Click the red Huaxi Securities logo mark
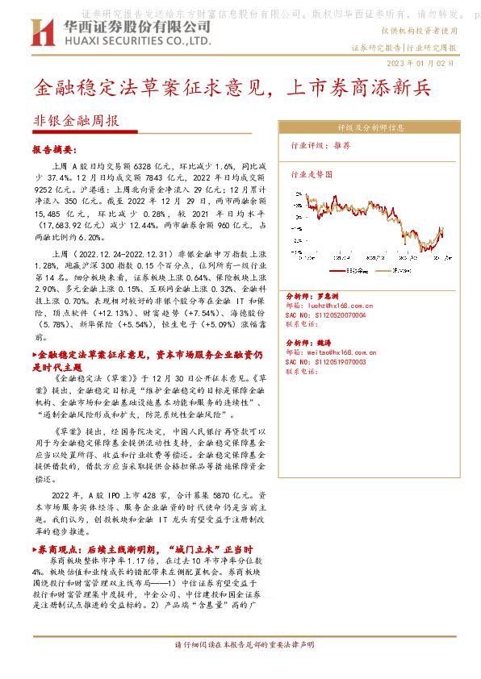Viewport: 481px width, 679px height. [x=41, y=32]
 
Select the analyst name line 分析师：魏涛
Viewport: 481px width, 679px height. [x=312, y=343]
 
